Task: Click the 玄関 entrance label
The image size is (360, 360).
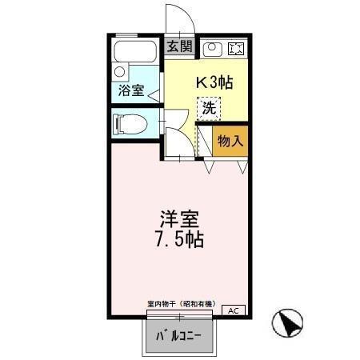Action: (179, 46)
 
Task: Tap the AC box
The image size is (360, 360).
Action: (234, 310)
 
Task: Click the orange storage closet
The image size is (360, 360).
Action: (230, 141)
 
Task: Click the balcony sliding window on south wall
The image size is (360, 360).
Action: (180, 316)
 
